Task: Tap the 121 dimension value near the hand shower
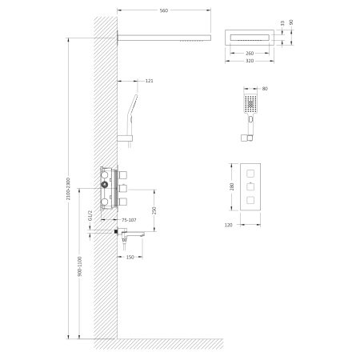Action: (x=150, y=79)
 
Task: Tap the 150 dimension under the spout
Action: (x=131, y=258)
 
